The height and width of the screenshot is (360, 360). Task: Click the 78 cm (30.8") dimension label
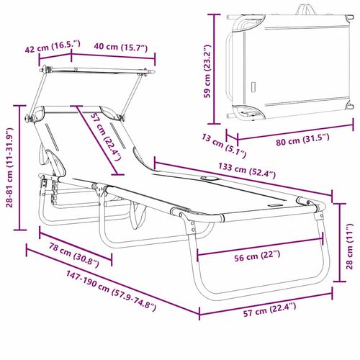[x=69, y=253]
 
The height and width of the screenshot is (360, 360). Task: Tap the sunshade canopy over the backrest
[x=97, y=79]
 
